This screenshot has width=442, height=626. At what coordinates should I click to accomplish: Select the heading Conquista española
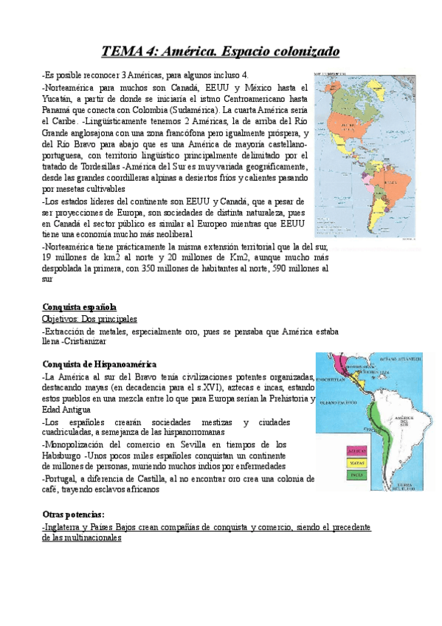click(79, 307)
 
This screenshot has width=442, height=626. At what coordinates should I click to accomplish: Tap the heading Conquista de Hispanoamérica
click(99, 364)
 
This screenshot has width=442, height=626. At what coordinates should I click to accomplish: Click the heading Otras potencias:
click(73, 514)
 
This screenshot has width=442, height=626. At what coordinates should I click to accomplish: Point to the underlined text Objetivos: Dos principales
click(89, 319)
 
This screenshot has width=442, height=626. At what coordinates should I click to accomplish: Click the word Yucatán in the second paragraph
click(58, 97)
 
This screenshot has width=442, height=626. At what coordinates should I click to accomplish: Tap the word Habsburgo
click(62, 456)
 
